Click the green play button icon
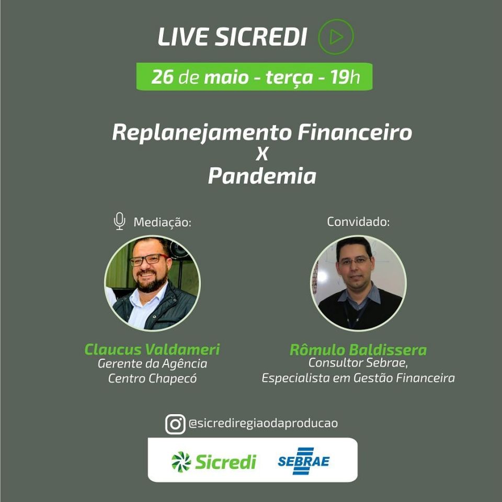[336, 37]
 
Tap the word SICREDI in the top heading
[260, 37]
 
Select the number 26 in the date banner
[162, 77]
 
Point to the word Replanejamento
[202, 133]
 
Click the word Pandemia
[262, 176]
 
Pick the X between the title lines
[262, 154]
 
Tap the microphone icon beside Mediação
[119, 221]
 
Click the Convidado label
[358, 222]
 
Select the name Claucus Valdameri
[152, 349]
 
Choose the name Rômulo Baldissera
[358, 350]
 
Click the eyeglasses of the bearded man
[149, 260]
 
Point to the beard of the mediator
[152, 282]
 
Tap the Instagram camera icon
[175, 424]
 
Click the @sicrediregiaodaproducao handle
[263, 423]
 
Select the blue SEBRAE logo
[303, 461]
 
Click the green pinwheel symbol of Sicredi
[181, 462]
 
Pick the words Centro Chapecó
[152, 379]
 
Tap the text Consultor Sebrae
[358, 363]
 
